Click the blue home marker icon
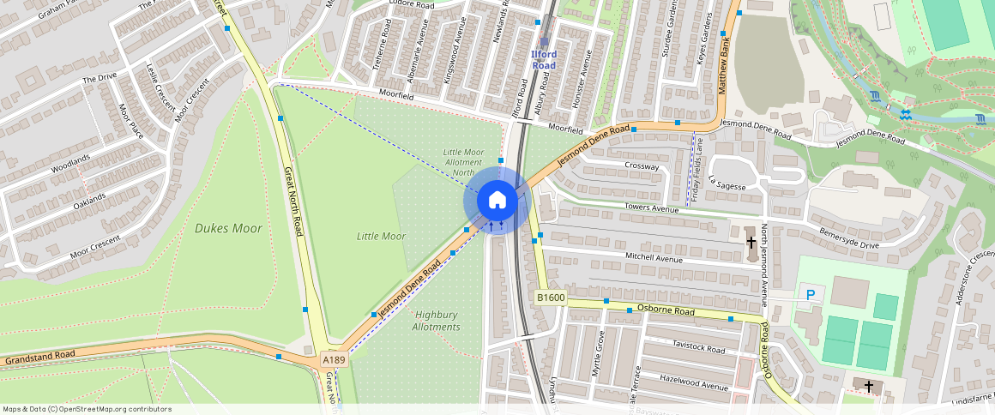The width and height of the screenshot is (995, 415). [497, 201]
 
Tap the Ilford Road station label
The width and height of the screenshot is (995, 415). [544, 60]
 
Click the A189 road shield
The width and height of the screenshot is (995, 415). [334, 361]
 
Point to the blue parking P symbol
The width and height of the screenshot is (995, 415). [811, 295]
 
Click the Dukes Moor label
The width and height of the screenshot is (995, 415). [228, 228]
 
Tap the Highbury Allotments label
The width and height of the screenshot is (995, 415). [436, 321]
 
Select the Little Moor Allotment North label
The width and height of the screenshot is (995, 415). [463, 162]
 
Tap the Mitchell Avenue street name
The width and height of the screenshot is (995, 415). [654, 257]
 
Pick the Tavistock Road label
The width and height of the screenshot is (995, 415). [700, 349]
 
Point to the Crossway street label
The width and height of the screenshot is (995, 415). [642, 166]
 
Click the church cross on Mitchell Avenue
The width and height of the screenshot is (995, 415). [751, 243]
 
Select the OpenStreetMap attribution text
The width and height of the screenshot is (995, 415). [86, 409]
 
